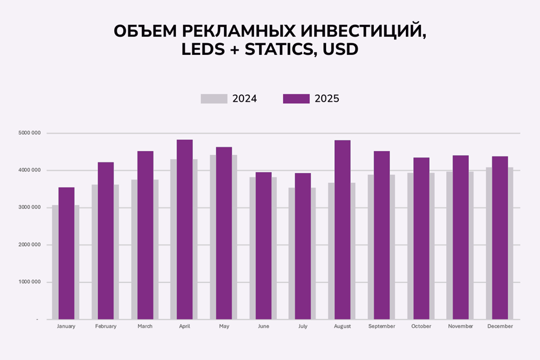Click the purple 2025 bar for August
pyautogui.click(x=342, y=230)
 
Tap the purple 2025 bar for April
pyautogui.click(x=185, y=230)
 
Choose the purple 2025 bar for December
pyautogui.click(x=500, y=238)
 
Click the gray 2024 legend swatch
pyautogui.click(x=214, y=99)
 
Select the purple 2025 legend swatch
pyautogui.click(x=296, y=99)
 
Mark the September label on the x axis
pyautogui.click(x=381, y=326)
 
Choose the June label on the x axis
pyautogui.click(x=263, y=326)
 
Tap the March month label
pyautogui.click(x=145, y=326)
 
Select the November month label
pyautogui.click(x=460, y=326)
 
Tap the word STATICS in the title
pyautogui.click(x=276, y=49)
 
